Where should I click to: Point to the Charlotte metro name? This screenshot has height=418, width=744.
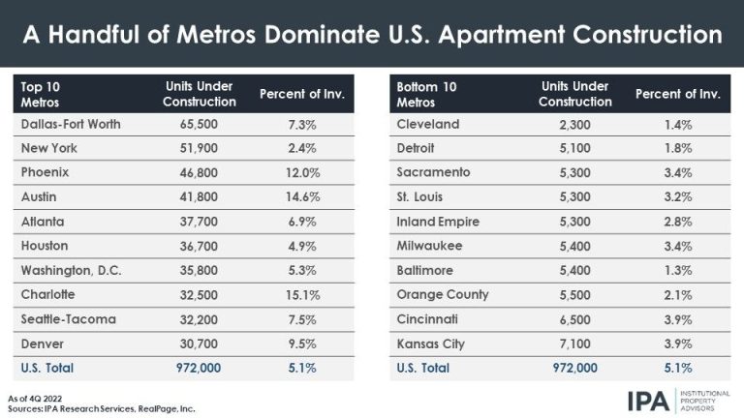coord(46,295)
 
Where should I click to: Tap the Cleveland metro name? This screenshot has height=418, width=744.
coord(428,125)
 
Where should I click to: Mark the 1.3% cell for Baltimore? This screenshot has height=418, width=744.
coord(678,271)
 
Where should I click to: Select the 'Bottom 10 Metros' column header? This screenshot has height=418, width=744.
coord(425,94)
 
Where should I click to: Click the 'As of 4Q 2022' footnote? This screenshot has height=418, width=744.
coord(44,398)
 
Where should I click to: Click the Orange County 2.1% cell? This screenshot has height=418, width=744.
coord(678,295)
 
